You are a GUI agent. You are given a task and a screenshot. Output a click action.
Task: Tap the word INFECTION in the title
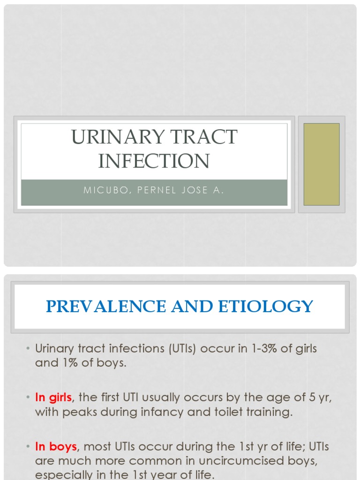tap(154, 160)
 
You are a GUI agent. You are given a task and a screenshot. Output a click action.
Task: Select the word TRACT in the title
tap(205, 137)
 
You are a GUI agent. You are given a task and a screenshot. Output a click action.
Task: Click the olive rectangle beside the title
tap(321, 164)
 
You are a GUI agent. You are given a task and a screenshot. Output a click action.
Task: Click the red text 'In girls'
tap(53, 397)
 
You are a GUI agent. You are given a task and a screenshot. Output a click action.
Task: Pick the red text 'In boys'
tap(56, 446)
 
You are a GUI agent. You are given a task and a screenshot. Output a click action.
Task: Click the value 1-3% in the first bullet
tap(244, 349)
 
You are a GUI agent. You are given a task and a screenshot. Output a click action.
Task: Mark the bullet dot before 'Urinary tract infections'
tap(28, 349)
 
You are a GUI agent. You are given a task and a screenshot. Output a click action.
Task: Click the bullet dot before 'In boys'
tap(28, 446)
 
